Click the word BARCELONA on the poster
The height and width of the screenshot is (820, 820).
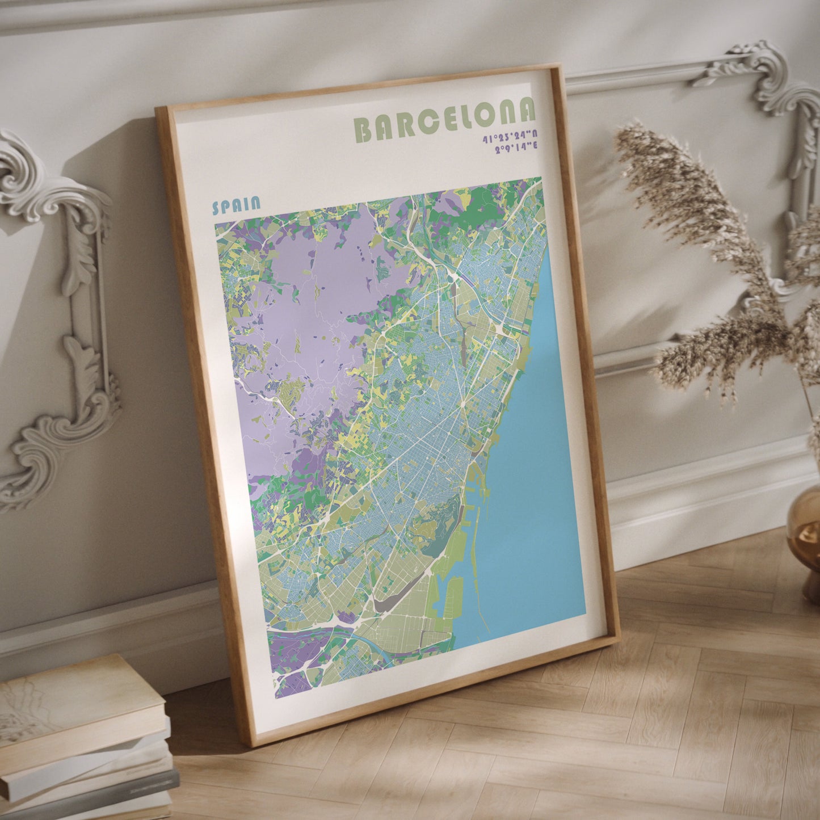444,122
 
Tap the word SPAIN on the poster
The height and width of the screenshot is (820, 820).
236,205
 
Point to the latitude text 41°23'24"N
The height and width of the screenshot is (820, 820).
510,137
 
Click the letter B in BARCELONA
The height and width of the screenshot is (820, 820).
363,131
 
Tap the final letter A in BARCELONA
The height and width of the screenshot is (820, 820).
527,111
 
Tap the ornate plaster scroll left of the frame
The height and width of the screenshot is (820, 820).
57,318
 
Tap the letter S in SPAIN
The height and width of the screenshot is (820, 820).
216,208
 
